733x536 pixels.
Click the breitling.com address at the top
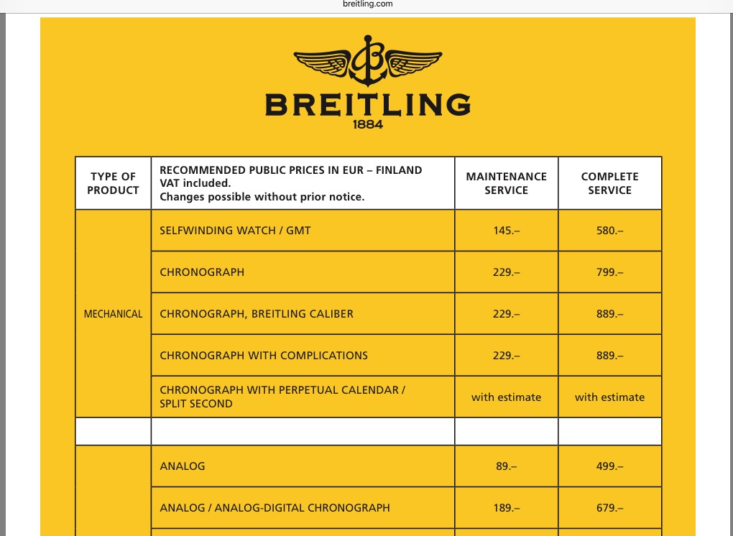pyautogui.click(x=368, y=4)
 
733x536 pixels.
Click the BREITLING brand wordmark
pyautogui.click(x=367, y=105)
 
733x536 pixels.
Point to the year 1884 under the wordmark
pyautogui.click(x=368, y=124)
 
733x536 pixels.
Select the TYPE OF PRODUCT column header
pyautogui.click(x=113, y=183)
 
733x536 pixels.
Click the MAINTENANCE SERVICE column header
pyautogui.click(x=506, y=183)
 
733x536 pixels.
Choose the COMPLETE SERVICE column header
pyautogui.click(x=609, y=183)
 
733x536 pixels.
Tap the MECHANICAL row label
pyautogui.click(x=113, y=314)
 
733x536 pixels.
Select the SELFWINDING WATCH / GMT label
pyautogui.click(x=235, y=231)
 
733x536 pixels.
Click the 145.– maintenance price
pyautogui.click(x=506, y=231)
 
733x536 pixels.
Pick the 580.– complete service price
pyautogui.click(x=609, y=231)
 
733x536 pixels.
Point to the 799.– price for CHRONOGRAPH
pyautogui.click(x=609, y=272)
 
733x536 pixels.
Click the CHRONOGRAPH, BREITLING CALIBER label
pyautogui.click(x=257, y=314)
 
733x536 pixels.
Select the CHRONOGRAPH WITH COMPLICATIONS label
pyautogui.click(x=264, y=356)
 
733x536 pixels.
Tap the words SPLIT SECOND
pyautogui.click(x=196, y=404)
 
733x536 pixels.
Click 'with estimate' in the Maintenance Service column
pyautogui.click(x=506, y=397)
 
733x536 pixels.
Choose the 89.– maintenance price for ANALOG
pyautogui.click(x=506, y=466)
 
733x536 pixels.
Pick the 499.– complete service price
pyautogui.click(x=609, y=466)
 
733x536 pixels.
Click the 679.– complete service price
pyautogui.click(x=609, y=508)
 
